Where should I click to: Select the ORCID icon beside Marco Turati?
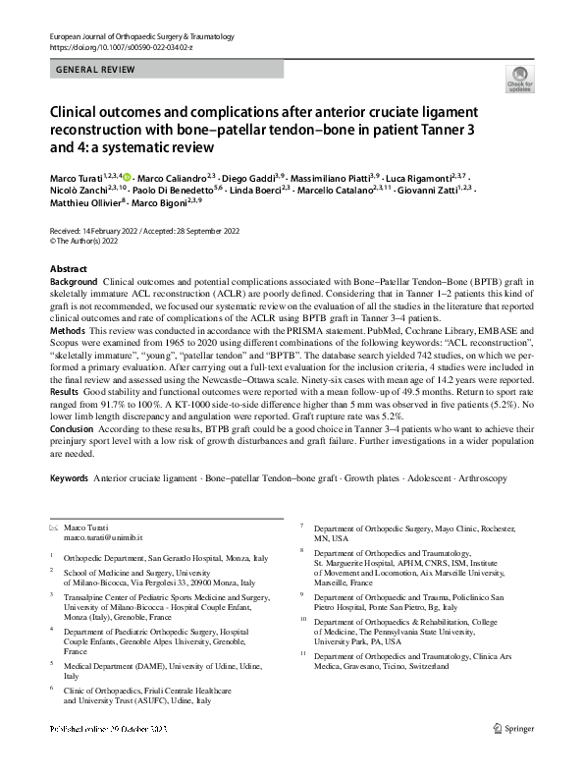coord(126,176)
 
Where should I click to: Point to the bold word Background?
coord(74,282)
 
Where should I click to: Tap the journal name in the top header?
coord(140,35)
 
